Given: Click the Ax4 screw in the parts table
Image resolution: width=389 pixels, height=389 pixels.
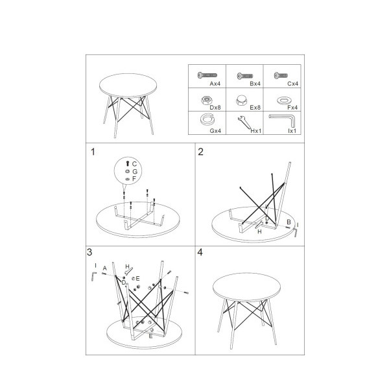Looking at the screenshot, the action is pyautogui.click(x=207, y=75).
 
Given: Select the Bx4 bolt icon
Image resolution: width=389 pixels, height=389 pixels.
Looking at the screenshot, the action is pyautogui.click(x=245, y=76).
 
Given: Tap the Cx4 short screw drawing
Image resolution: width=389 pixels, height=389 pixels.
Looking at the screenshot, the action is pyautogui.click(x=281, y=75).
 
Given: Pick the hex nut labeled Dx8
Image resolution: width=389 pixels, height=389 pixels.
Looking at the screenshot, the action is pyautogui.click(x=206, y=100).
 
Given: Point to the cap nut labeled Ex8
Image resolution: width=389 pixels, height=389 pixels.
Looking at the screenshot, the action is pyautogui.click(x=241, y=100).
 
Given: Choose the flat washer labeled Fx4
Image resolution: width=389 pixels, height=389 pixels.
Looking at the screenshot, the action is pyautogui.click(x=284, y=100).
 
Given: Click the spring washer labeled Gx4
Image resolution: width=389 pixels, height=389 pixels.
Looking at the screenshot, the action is pyautogui.click(x=207, y=119).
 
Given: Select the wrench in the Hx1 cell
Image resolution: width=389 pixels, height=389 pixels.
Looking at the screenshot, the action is pyautogui.click(x=244, y=123).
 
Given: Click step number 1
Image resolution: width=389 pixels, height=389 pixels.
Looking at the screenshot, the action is pyautogui.click(x=93, y=152).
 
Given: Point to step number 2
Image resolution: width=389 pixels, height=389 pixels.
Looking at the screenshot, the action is pyautogui.click(x=200, y=152).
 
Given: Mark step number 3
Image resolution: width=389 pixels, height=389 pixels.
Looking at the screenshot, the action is pyautogui.click(x=89, y=252).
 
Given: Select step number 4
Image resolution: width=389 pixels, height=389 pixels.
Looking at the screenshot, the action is pyautogui.click(x=200, y=252).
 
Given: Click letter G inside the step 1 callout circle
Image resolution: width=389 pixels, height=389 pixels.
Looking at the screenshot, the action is pyautogui.click(x=135, y=171).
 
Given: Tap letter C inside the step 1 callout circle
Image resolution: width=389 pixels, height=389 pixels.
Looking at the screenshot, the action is pyautogui.click(x=134, y=164).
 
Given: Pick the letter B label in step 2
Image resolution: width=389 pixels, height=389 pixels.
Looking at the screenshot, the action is pyautogui.click(x=289, y=222).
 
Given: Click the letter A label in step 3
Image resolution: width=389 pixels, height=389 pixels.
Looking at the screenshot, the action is pyautogui.click(x=104, y=268).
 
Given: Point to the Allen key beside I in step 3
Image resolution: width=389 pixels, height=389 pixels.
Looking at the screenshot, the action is pyautogui.click(x=93, y=276).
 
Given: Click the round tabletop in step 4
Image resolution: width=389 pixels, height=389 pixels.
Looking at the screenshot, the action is pyautogui.click(x=246, y=287).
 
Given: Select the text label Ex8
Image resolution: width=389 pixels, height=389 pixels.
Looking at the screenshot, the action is pyautogui.click(x=255, y=108).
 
